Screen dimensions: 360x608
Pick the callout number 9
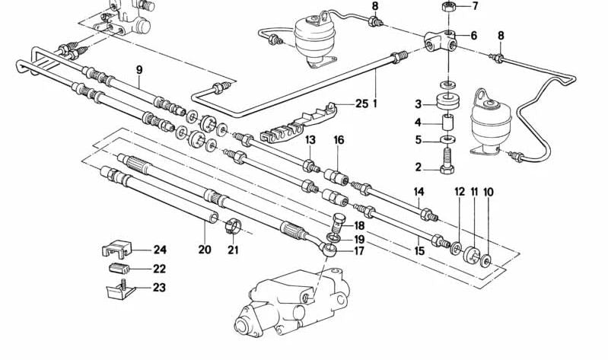[139, 71]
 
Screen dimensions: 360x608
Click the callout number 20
[204, 250]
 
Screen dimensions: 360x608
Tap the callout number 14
[419, 191]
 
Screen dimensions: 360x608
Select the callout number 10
[488, 191]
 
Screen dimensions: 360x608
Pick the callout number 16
[339, 140]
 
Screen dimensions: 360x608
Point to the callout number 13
[310, 140]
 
